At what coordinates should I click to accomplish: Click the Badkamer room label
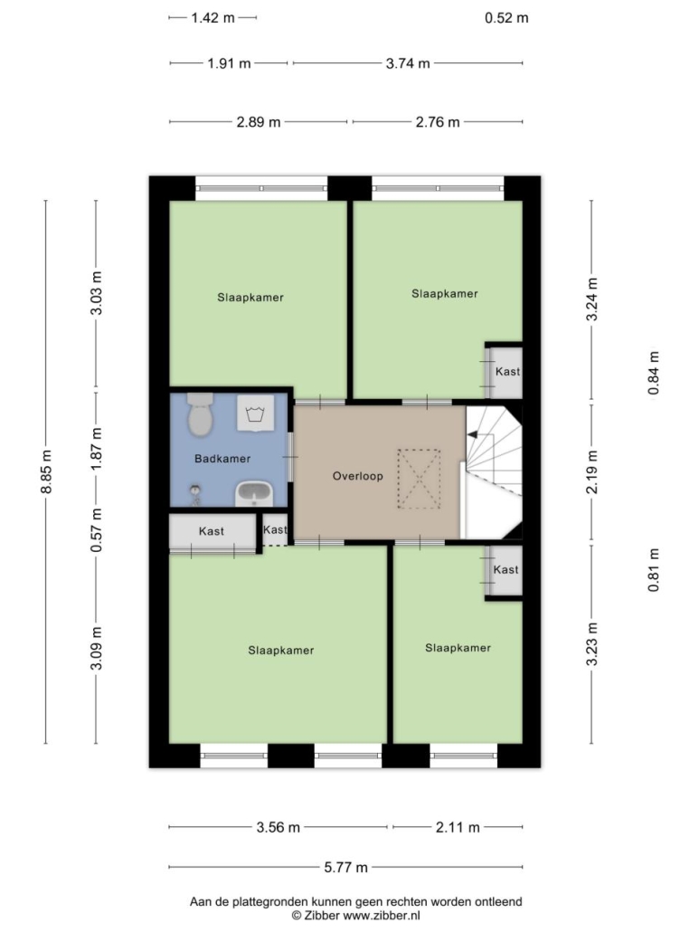point(222,458)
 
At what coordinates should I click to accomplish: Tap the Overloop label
point(357,476)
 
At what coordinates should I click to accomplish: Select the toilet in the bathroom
point(200,414)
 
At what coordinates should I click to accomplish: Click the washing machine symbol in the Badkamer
point(255,413)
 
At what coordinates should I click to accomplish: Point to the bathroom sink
point(254,493)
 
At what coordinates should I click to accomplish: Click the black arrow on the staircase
point(473,435)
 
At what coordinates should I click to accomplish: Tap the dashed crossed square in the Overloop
point(419,479)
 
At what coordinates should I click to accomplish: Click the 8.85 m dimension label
point(46,471)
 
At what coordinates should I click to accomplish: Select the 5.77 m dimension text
point(345,867)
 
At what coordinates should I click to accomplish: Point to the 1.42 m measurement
point(213,18)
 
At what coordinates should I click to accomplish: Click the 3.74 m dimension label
point(408,63)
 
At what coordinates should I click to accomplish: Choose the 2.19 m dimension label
point(592,472)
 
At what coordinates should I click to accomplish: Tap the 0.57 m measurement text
point(96,530)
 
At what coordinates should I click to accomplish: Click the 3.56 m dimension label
point(278,827)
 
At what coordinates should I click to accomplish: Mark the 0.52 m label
point(506,18)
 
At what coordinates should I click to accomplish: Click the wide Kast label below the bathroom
point(212,531)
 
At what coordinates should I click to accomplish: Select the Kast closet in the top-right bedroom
point(505,373)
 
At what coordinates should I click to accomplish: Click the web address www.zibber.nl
point(382,916)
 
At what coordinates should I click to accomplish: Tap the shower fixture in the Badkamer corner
point(194,493)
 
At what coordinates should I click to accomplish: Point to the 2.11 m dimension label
point(458,827)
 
